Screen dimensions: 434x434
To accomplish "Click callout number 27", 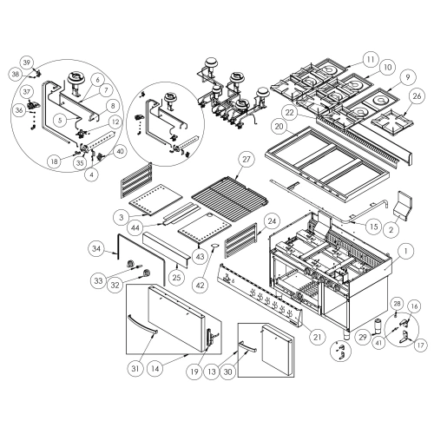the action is tap(246, 160).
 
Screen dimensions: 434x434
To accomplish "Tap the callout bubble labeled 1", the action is tap(405, 251).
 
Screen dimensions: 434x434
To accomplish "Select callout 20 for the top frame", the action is tap(279, 127).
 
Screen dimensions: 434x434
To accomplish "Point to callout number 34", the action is tap(96, 248).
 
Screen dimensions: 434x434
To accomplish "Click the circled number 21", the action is tap(318, 337).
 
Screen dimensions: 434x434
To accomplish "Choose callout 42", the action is tap(201, 285).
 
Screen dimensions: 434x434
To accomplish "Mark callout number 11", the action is tap(371, 59).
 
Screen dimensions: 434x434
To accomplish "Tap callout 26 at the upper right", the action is tap(417, 96).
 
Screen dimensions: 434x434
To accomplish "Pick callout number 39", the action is tap(27, 62).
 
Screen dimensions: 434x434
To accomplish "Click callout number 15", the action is tap(374, 227).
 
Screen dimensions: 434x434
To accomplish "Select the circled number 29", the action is tap(363, 337).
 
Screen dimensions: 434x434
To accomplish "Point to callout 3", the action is tap(122, 217).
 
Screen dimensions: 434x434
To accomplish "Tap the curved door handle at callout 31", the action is tap(142, 325).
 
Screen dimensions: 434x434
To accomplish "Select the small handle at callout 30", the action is tap(247, 346).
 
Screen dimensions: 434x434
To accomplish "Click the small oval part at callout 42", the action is tap(215, 246).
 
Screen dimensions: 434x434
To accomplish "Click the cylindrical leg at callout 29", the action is tap(378, 325).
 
